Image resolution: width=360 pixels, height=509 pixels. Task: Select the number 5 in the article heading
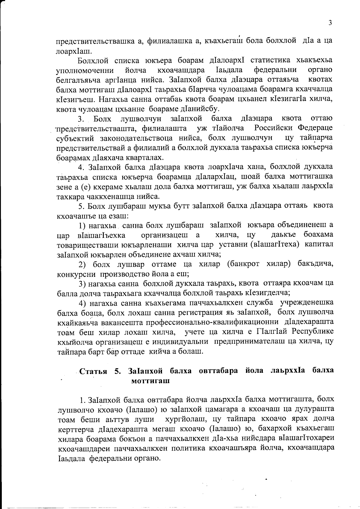coord(117,371)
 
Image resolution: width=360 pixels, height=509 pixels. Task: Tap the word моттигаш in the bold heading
coord(151,381)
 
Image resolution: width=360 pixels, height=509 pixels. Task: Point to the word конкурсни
coord(75,274)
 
